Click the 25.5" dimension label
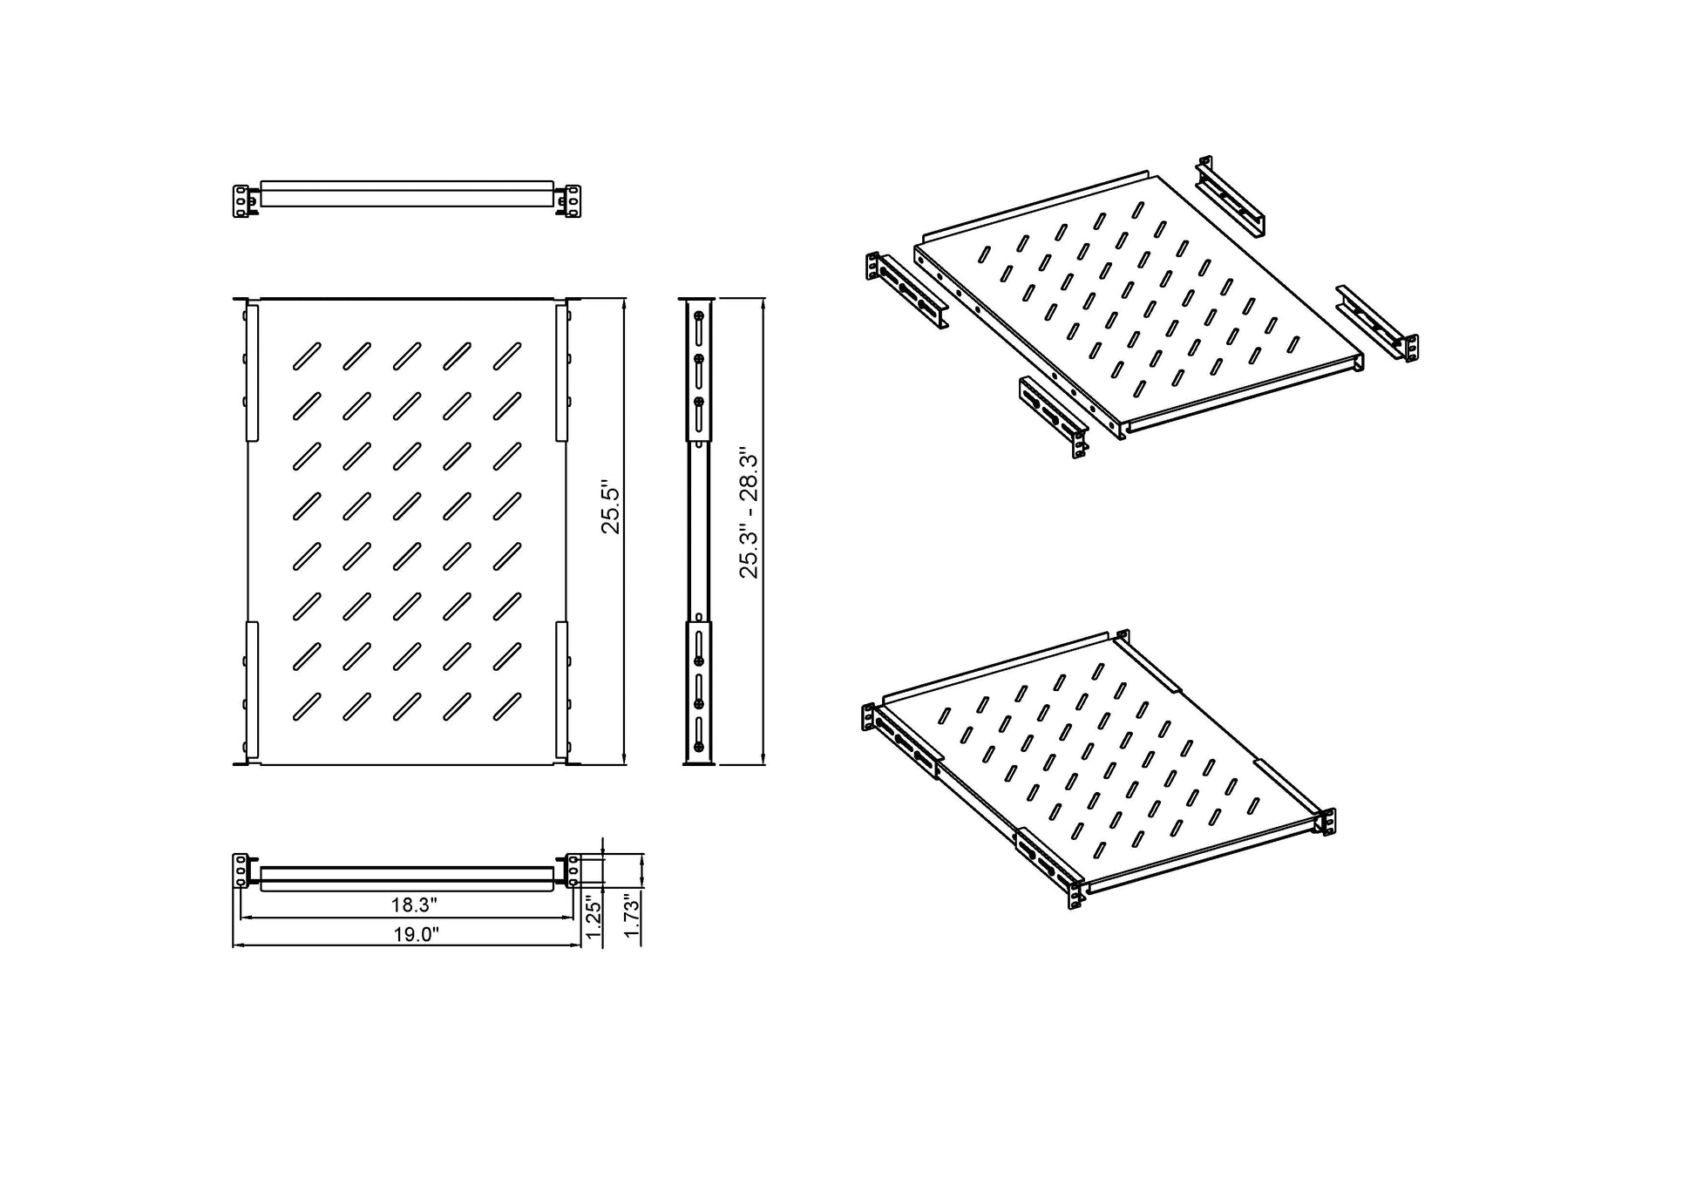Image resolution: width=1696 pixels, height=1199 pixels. (610, 511)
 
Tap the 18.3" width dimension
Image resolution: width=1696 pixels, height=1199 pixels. (413, 905)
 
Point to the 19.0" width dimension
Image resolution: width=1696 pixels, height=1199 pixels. (415, 935)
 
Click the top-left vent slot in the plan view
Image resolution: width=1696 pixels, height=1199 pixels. (307, 355)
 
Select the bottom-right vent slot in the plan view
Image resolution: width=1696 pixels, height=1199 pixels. (507, 706)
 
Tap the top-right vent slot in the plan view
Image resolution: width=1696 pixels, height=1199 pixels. (507, 355)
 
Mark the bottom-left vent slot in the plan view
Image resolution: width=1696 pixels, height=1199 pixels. (307, 706)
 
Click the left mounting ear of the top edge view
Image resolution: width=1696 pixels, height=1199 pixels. (241, 200)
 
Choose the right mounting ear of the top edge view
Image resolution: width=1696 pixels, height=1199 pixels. (572, 200)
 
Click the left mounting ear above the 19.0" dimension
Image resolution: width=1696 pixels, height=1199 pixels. (241, 870)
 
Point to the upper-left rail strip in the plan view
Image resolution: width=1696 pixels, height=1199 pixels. (252, 372)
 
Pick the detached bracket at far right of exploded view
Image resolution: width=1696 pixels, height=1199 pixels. (1377, 322)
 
